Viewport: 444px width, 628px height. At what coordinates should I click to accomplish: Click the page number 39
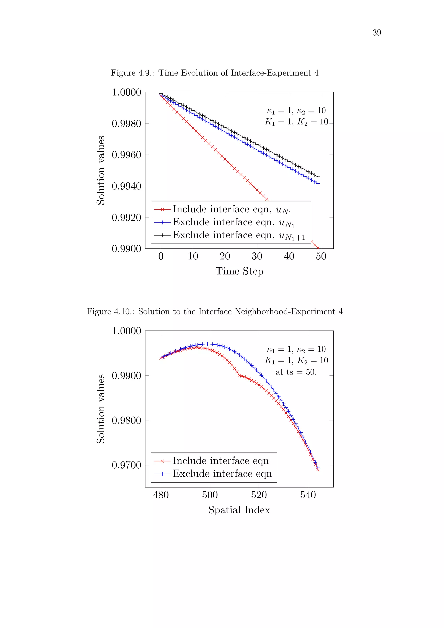pyautogui.click(x=377, y=33)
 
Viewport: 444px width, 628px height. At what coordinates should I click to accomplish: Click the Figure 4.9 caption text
pyautogui.click(x=215, y=73)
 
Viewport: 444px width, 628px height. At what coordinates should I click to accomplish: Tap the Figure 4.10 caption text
pyautogui.click(x=215, y=312)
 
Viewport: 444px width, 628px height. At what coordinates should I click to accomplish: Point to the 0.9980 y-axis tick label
pyautogui.click(x=126, y=124)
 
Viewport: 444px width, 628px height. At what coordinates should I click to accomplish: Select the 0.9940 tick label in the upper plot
pyautogui.click(x=126, y=186)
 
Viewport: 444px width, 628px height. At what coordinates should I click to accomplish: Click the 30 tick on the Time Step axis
pyautogui.click(x=257, y=256)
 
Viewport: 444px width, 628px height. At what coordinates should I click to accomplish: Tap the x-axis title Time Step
pyautogui.click(x=239, y=271)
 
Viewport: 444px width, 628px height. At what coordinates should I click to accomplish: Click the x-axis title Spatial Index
pyautogui.click(x=239, y=510)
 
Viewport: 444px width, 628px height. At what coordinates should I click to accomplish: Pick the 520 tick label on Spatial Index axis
pyautogui.click(x=259, y=495)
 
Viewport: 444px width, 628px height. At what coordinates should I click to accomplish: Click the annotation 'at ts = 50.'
pyautogui.click(x=296, y=372)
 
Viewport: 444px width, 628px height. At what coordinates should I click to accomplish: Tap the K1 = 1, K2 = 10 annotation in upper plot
pyautogui.click(x=296, y=122)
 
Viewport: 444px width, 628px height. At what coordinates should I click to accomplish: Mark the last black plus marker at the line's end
pyautogui.click(x=318, y=177)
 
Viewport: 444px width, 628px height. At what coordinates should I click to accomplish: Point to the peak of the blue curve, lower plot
pyautogui.click(x=208, y=344)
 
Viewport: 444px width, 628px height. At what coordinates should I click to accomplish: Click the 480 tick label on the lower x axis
pyautogui.click(x=161, y=495)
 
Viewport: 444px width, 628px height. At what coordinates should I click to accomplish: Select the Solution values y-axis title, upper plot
pyautogui.click(x=101, y=170)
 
